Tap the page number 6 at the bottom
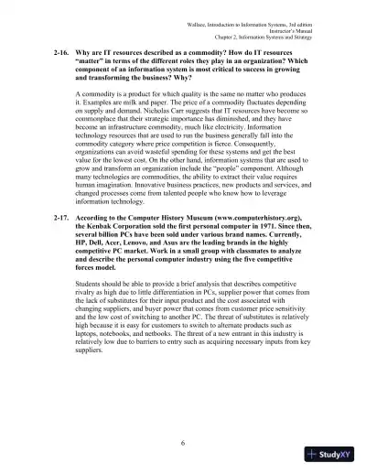pos(183,444)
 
